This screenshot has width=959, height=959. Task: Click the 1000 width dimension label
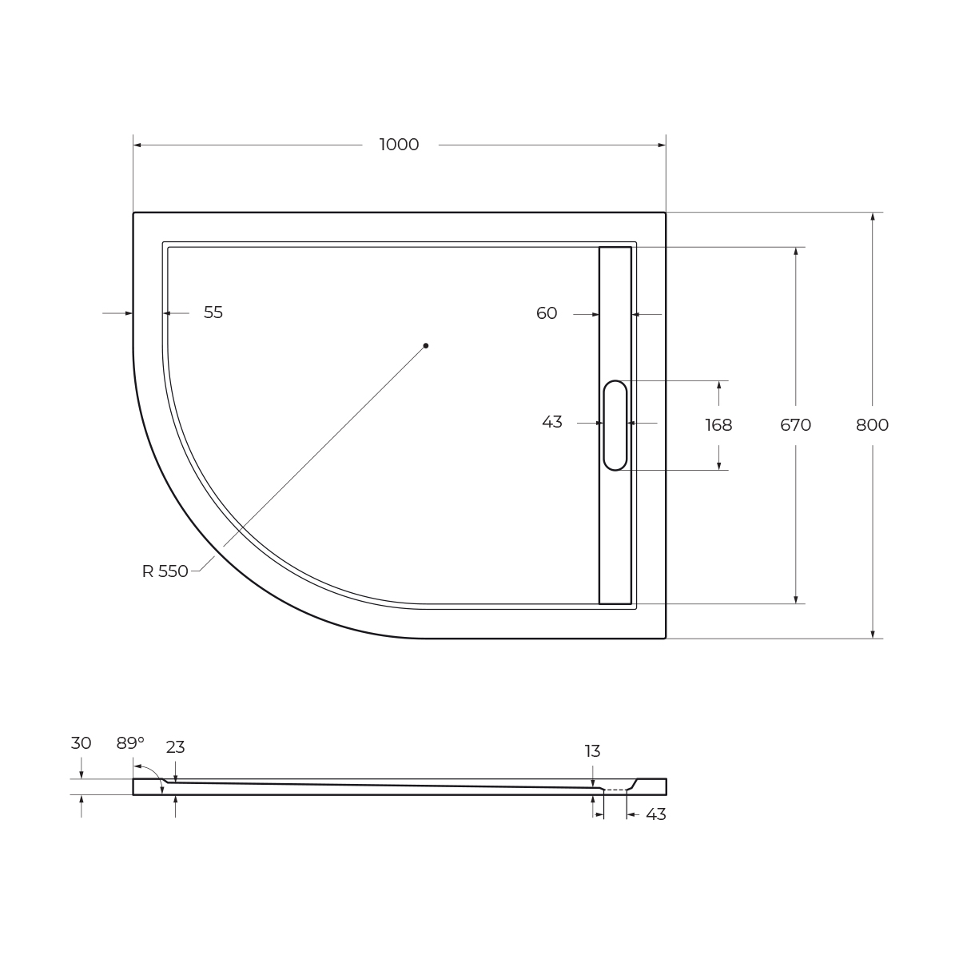(399, 145)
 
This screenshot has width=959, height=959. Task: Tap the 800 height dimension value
(872, 425)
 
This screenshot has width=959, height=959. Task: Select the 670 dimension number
(795, 425)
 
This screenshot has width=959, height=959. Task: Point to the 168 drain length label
(718, 425)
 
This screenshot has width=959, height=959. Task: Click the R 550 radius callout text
(165, 571)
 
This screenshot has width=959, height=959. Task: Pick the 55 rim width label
(213, 312)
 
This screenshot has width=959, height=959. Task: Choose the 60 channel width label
(547, 313)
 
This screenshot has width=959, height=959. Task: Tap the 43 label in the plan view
(552, 422)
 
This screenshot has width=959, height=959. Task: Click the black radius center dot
(425, 345)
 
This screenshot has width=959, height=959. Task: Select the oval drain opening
(615, 425)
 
